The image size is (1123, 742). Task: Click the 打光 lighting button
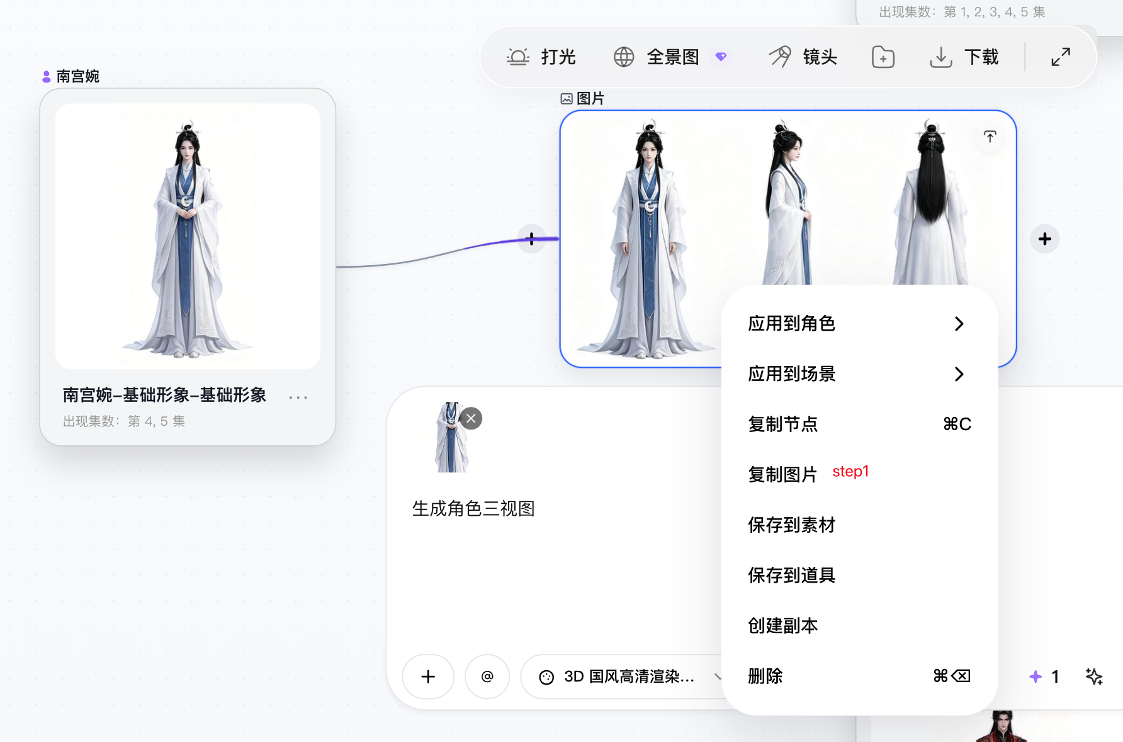tap(541, 57)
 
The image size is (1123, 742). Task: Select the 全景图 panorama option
tap(670, 57)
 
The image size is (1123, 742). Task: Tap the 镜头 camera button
tap(803, 57)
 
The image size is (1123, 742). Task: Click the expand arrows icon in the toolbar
tap(1061, 57)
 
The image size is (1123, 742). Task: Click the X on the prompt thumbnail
tap(471, 418)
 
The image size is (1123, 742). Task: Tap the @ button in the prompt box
tap(487, 676)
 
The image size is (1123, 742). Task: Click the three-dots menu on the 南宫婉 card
tap(298, 397)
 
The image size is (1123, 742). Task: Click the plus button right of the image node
tap(1045, 239)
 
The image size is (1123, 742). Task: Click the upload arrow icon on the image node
tap(990, 137)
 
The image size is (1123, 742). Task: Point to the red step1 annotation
tap(850, 472)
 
